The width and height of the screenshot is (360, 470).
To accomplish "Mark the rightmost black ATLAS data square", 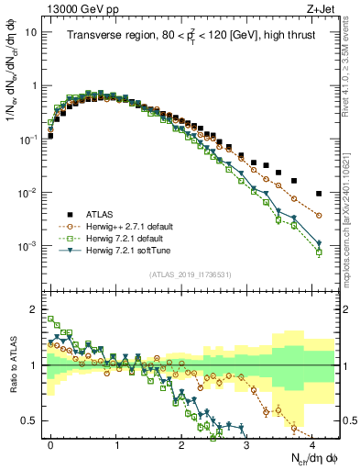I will pyautogui.click(x=319, y=194).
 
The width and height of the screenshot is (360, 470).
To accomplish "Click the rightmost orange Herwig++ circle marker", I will pyautogui.click(x=319, y=215).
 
